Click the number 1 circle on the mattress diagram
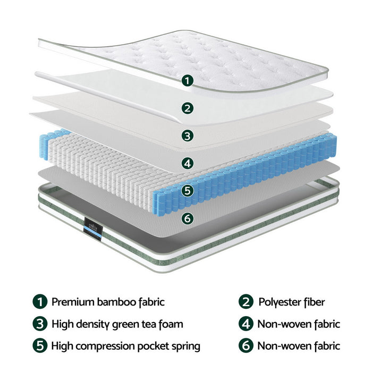(187, 81)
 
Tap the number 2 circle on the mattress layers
(187, 108)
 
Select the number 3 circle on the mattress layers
(187, 135)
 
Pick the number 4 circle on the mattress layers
(187, 163)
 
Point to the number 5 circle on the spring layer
(187, 190)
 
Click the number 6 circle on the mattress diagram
(187, 218)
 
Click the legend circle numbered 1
(39, 302)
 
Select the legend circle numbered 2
(246, 302)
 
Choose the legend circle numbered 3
(39, 324)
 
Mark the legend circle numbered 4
(246, 324)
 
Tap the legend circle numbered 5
(39, 346)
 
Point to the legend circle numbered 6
(246, 346)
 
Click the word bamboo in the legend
(115, 302)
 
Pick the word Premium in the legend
(73, 302)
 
